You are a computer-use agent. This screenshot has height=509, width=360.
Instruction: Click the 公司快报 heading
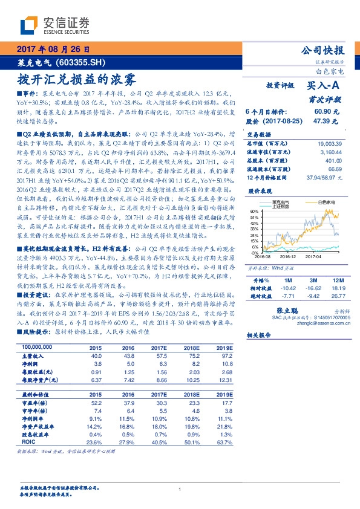(x=321, y=50)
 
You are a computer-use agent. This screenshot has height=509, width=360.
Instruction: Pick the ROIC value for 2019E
(x=223, y=443)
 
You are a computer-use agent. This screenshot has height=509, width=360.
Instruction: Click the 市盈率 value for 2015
(x=96, y=403)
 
